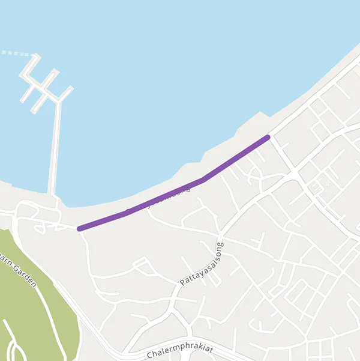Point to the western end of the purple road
[80, 228]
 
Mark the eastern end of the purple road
[268, 138]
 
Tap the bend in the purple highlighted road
[203, 179]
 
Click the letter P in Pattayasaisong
[182, 282]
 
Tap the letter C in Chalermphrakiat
[149, 356]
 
